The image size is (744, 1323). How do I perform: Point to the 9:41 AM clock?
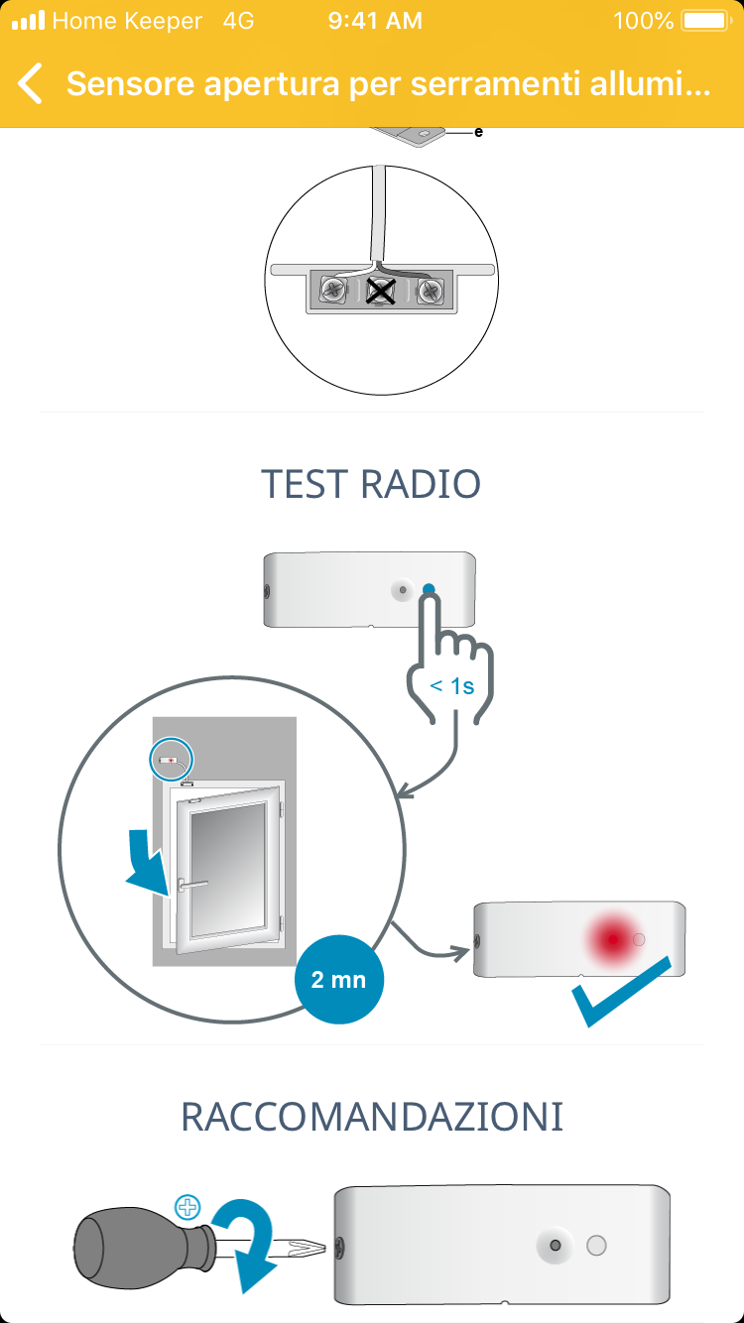(374, 21)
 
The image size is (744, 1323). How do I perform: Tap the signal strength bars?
(28, 21)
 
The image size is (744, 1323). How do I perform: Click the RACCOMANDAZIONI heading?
(372, 1117)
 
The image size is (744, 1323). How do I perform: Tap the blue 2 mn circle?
(339, 980)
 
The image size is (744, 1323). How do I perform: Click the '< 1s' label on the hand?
(452, 685)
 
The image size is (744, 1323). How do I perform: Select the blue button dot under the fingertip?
(429, 590)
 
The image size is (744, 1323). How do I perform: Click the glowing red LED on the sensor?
(612, 938)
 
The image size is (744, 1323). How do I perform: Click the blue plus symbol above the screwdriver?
(187, 1207)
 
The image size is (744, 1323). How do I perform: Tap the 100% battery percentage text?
(643, 21)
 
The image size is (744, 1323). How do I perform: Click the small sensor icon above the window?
(172, 760)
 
